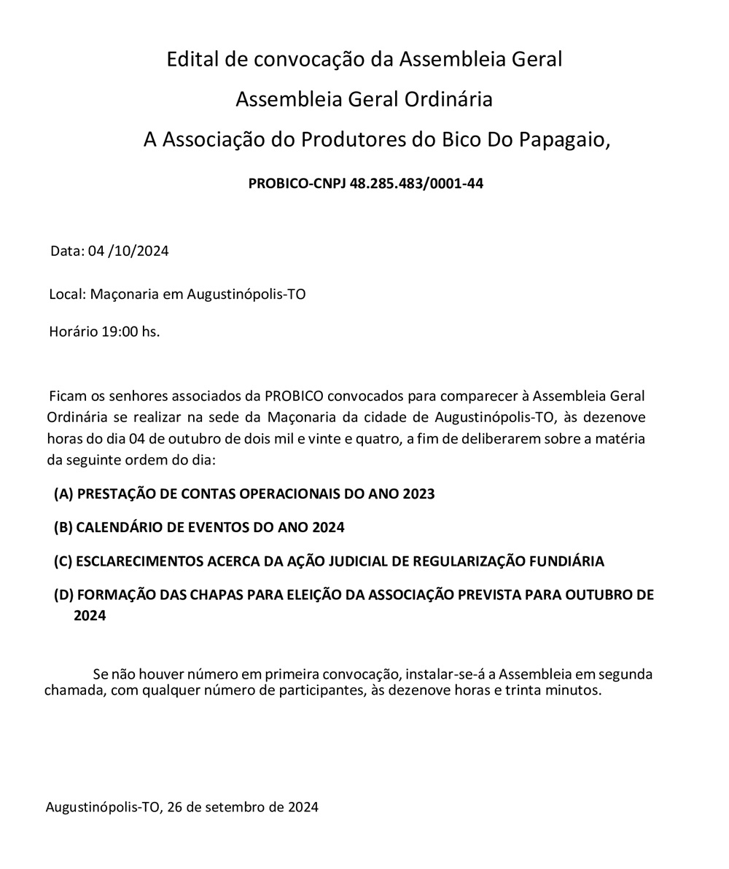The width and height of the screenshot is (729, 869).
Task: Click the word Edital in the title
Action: pyautogui.click(x=193, y=59)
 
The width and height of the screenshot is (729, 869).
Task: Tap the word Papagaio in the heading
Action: pyautogui.click(x=564, y=139)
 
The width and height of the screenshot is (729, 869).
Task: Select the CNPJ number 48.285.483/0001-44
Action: pyautogui.click(x=416, y=184)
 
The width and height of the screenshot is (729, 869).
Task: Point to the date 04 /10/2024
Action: pyautogui.click(x=128, y=252)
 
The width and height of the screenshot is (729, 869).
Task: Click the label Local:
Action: pyautogui.click(x=68, y=295)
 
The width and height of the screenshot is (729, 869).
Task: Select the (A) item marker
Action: pyautogui.click(x=63, y=494)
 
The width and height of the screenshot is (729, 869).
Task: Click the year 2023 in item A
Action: pyautogui.click(x=418, y=494)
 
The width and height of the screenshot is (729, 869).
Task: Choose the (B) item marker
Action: pyautogui.click(x=63, y=527)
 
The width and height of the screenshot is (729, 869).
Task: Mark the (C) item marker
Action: pyautogui.click(x=63, y=561)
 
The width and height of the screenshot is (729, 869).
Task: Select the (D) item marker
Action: pyautogui.click(x=63, y=595)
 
